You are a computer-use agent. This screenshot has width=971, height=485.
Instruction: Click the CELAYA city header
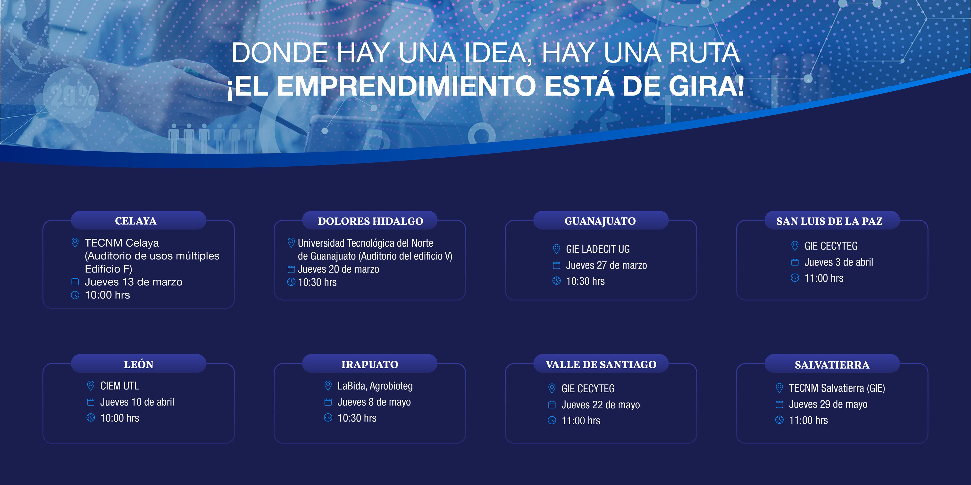[x=136, y=221]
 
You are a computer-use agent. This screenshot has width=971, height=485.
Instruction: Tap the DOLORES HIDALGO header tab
[x=370, y=221]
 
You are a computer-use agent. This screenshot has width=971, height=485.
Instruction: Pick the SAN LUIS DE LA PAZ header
[x=829, y=221]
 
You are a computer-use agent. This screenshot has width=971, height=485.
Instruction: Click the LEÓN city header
[x=139, y=364]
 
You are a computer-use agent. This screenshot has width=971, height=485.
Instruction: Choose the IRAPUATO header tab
[x=370, y=364]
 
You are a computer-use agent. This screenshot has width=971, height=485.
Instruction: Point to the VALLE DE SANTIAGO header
[x=601, y=364]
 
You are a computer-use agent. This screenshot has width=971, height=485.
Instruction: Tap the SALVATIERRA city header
[x=832, y=364]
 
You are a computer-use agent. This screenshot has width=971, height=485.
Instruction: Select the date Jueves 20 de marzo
[x=338, y=269]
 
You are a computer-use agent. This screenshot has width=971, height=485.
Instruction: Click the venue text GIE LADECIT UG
[x=598, y=249]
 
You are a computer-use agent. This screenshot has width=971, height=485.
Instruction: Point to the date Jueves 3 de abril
[x=839, y=262]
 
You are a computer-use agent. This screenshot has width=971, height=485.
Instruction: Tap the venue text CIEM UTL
[x=119, y=386]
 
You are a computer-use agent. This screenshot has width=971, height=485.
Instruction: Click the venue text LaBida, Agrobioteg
[x=375, y=386]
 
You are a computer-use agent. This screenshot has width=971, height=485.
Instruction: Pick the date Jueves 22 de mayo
[x=601, y=405]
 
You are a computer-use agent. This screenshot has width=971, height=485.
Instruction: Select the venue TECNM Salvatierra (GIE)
[x=837, y=388]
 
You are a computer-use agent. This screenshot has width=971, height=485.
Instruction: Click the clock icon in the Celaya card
[x=75, y=295]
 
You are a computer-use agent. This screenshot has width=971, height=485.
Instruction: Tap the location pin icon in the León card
[x=91, y=386]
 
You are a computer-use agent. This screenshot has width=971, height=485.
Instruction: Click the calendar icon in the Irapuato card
[x=328, y=402]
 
